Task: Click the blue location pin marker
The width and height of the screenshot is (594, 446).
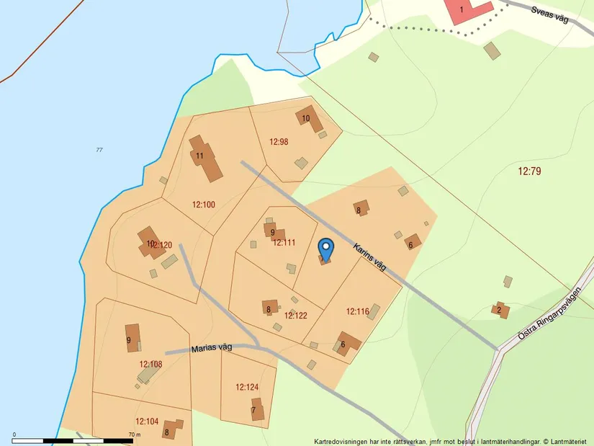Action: pos(326,249)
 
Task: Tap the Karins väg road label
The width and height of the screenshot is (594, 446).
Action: pos(370,257)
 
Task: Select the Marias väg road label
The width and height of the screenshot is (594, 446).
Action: pos(212,349)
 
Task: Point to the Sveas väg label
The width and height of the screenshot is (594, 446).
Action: pos(550,14)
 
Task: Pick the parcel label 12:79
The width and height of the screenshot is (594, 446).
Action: pos(529,171)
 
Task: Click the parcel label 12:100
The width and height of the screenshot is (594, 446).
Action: pos(204,205)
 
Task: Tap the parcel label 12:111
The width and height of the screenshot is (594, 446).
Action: pos(284,242)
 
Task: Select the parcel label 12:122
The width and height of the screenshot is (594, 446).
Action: pos(296,315)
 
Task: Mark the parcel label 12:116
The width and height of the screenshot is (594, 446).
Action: pos(357,311)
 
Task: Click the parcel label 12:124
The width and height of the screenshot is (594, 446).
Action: pos(246,387)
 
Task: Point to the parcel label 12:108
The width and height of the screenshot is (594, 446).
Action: pos(150,364)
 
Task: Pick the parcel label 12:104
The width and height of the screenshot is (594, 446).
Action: pos(147,421)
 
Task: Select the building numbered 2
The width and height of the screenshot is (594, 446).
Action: pos(501,311)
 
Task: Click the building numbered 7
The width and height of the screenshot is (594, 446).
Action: pos(257,411)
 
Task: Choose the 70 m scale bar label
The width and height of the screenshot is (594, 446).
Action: pos(134,434)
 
